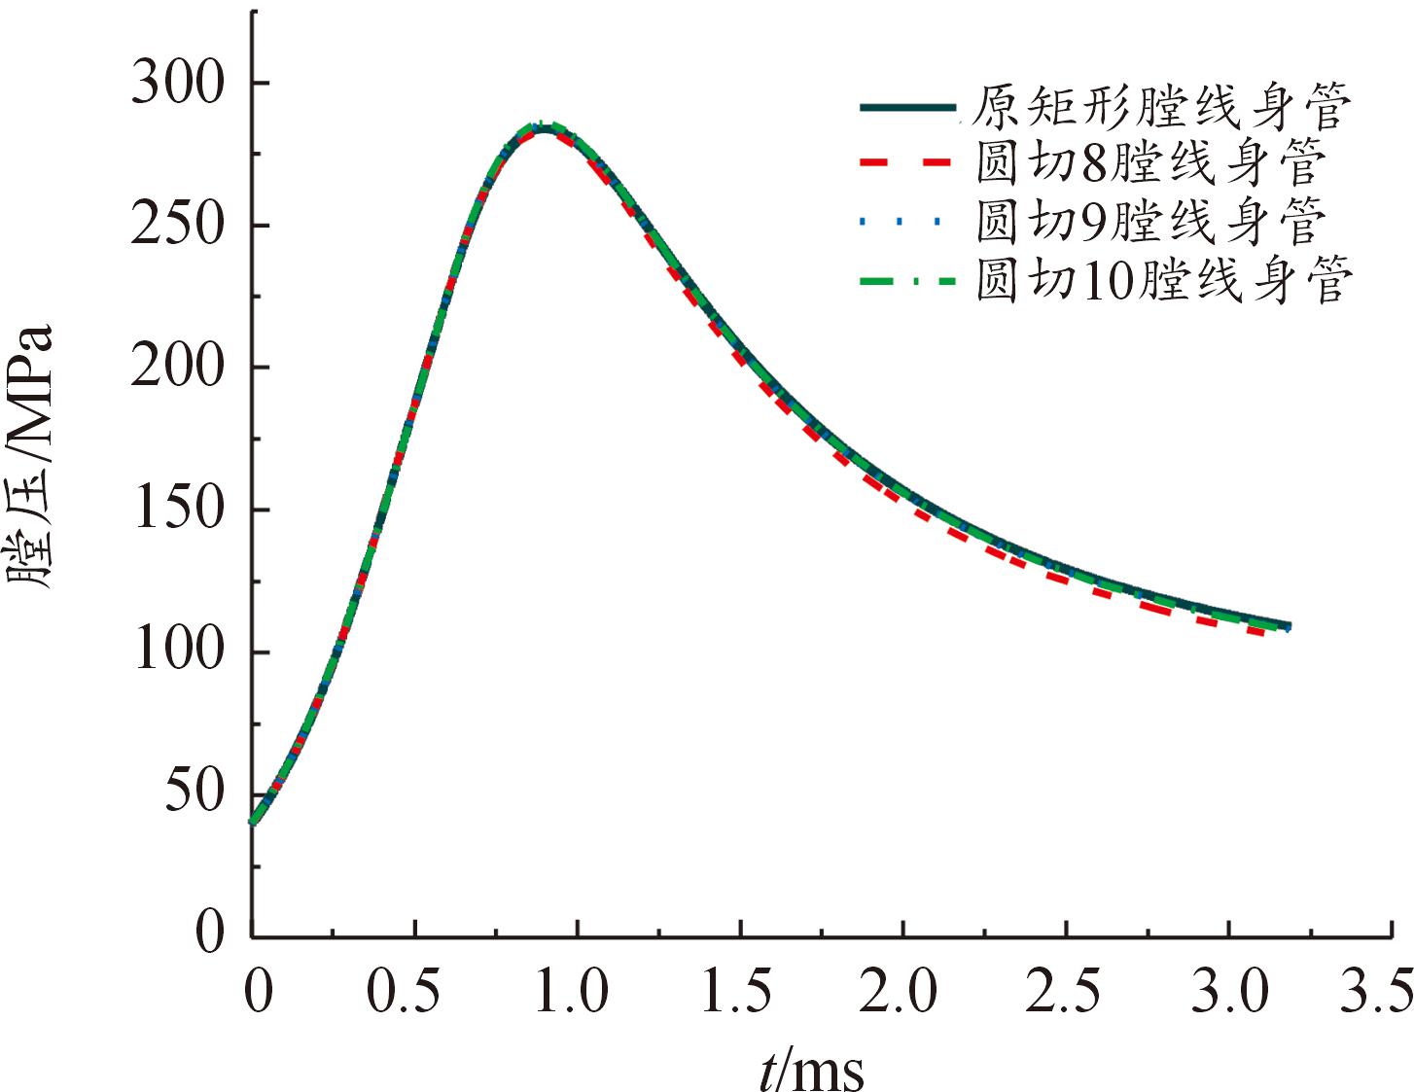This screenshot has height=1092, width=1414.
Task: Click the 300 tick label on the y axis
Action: click(178, 84)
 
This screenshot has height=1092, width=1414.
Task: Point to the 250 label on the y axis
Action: click(178, 226)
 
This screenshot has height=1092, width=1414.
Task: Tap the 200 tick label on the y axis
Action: click(178, 368)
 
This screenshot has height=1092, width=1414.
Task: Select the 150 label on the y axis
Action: click(178, 510)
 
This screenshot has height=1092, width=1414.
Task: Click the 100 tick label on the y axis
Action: click(178, 652)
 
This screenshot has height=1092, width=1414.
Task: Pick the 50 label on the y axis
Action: click(194, 793)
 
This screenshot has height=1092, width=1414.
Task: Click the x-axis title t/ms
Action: click(811, 1069)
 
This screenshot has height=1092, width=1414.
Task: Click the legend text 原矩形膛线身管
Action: click(1161, 107)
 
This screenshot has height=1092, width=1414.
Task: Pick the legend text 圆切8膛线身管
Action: click(1150, 162)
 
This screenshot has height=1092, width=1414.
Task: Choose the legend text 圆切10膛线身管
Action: click(1164, 281)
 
